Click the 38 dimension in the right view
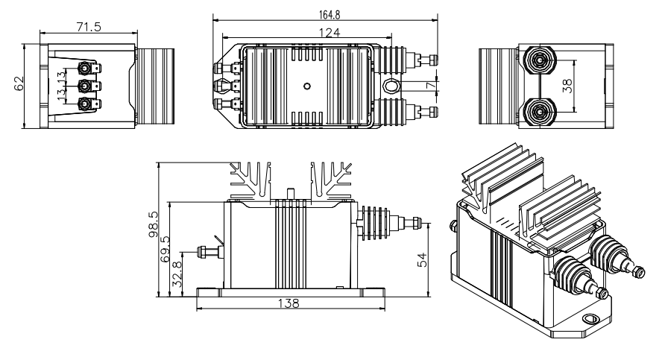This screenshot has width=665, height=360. pyautogui.click(x=567, y=86)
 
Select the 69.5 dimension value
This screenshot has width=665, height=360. pyautogui.click(x=166, y=247)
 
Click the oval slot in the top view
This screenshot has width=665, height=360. pyautogui.click(x=391, y=86)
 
